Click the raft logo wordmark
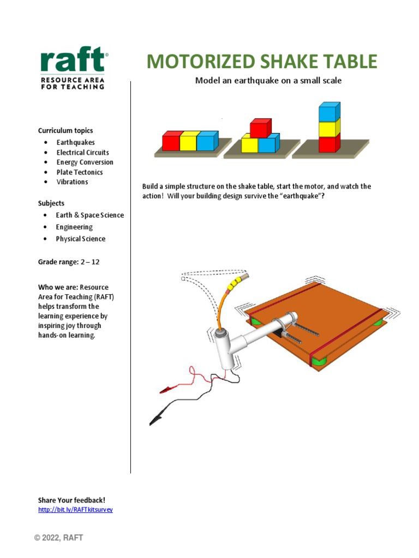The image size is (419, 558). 71,60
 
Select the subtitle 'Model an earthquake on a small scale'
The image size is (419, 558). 268,81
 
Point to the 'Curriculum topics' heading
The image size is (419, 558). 65,131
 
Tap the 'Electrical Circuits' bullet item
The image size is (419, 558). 82,153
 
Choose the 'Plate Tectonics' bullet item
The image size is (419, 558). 80,172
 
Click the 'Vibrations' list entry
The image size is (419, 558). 72,182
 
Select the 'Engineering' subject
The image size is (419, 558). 74,227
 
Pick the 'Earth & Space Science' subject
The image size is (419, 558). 89,215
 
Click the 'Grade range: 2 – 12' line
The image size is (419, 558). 69,262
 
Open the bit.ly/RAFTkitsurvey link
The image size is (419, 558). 75,510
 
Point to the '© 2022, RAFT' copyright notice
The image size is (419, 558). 58,538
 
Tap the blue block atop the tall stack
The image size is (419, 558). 329,112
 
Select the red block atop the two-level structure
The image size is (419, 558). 260,128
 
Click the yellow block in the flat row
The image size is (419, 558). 189,141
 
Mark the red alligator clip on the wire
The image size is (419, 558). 165,390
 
